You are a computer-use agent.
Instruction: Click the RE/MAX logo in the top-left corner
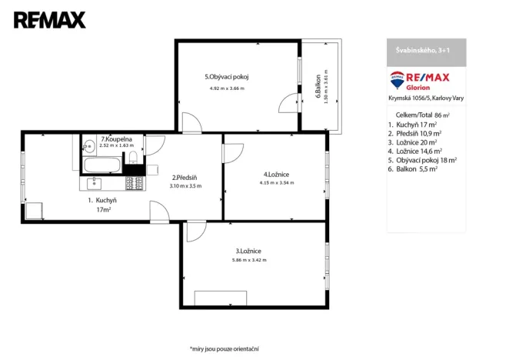point(49,20)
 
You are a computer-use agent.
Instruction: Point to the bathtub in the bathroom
point(101,165)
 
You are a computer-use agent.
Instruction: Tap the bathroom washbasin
point(89,143)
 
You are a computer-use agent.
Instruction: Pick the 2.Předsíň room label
point(185,176)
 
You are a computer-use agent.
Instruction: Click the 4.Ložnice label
point(274,175)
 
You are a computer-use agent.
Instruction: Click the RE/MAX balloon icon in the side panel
point(398,78)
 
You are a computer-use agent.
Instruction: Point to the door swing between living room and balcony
point(286,102)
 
